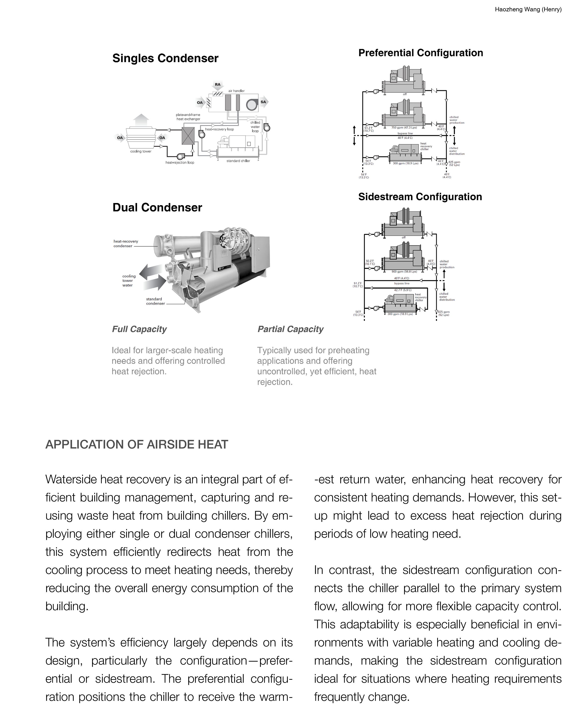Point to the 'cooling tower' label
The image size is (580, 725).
click(x=141, y=151)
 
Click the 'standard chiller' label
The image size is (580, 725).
click(x=238, y=161)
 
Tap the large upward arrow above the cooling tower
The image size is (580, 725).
click(x=141, y=120)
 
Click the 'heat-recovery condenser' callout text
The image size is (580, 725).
click(x=125, y=243)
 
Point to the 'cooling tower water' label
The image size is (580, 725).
click(x=129, y=280)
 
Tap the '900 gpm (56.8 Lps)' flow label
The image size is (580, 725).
click(x=404, y=271)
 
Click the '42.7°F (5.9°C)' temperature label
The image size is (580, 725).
click(x=402, y=290)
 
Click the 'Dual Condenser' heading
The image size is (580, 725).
click(x=157, y=208)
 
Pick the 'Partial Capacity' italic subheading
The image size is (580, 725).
click(x=290, y=329)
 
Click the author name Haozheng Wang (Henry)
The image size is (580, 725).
click(x=528, y=9)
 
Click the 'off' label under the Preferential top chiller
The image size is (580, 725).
click(x=405, y=94)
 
